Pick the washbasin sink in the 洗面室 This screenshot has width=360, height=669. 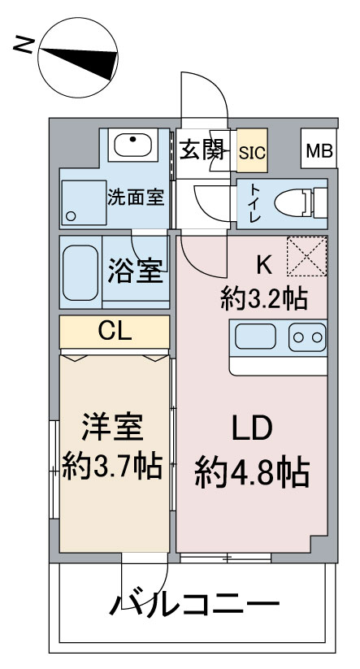131,146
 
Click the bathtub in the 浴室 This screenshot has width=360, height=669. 81,272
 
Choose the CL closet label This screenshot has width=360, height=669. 115,330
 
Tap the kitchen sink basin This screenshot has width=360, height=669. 258,336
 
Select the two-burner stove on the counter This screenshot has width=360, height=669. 308,336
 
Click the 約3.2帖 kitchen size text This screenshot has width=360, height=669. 264,299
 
